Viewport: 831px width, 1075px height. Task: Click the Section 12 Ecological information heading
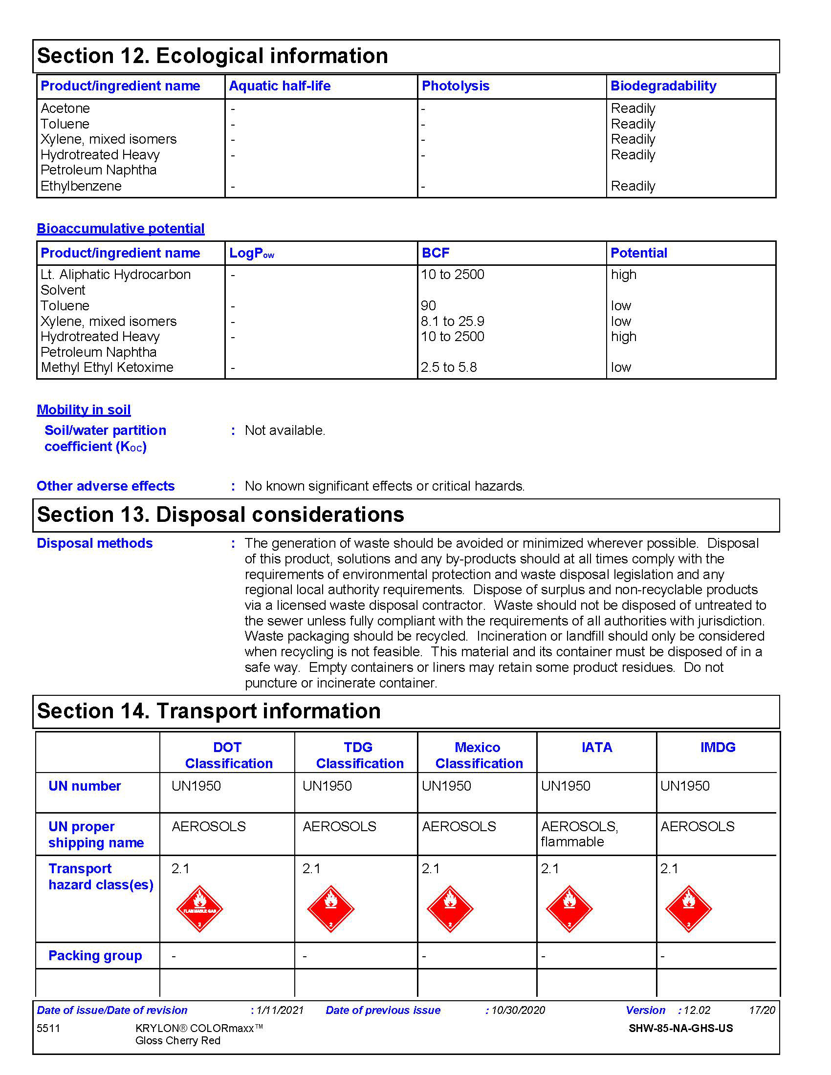(212, 56)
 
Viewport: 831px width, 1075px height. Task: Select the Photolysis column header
(456, 86)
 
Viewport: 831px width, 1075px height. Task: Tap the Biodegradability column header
(663, 86)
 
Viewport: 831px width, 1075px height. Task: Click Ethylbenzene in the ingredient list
(81, 186)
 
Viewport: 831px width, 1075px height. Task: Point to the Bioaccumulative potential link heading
(121, 228)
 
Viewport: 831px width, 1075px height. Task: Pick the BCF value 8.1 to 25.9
(453, 322)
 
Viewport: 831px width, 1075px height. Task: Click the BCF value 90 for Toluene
(428, 306)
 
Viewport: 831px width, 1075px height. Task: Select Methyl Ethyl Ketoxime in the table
(108, 367)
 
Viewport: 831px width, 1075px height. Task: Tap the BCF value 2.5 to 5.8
(448, 367)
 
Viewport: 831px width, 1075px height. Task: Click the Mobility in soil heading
(84, 409)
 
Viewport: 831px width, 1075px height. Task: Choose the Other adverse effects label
(106, 486)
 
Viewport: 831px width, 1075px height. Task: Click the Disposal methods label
(94, 543)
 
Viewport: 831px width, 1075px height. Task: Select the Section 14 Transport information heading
(209, 711)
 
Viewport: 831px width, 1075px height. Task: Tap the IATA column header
(597, 747)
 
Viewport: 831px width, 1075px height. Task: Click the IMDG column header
(718, 747)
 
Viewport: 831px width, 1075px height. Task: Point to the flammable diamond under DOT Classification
(199, 909)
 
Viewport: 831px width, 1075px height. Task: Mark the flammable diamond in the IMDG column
(688, 909)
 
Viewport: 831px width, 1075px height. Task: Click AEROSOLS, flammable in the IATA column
(579, 834)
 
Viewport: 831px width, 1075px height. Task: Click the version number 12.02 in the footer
(697, 1010)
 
